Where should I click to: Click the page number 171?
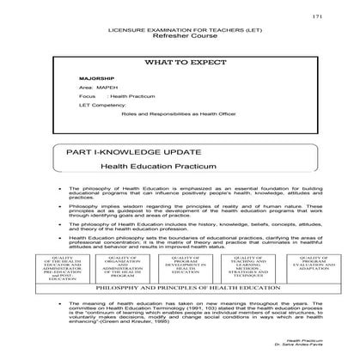317,16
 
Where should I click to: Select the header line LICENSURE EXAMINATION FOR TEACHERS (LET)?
171,30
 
